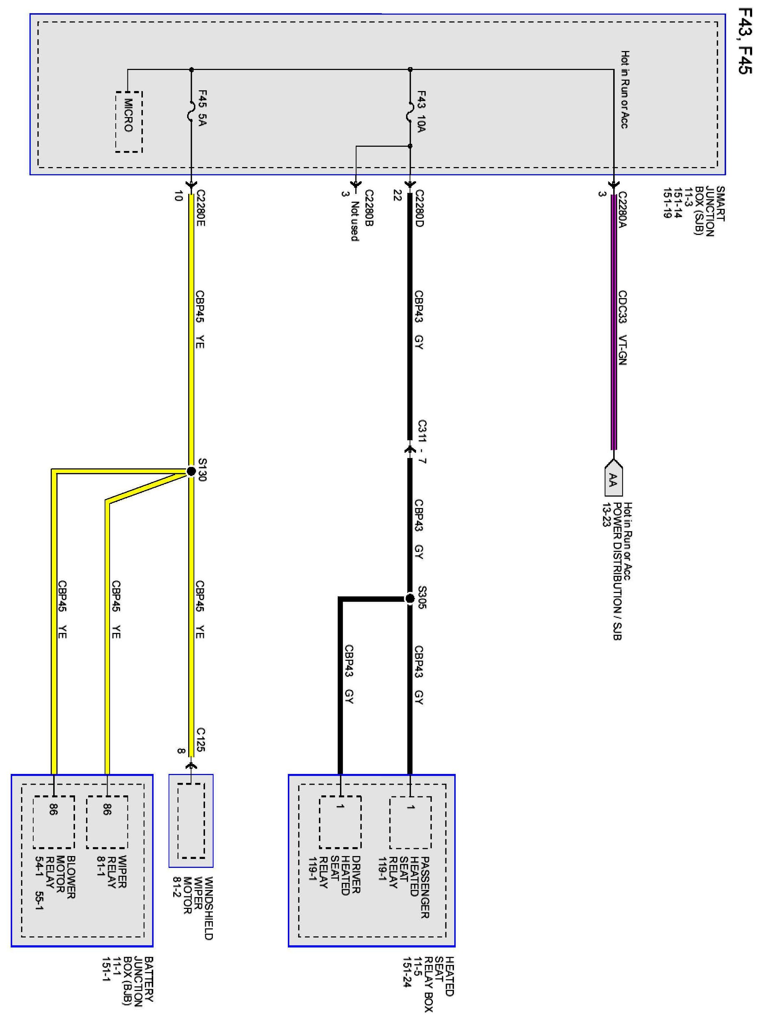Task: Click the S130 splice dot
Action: [191, 471]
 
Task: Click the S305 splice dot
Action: [410, 599]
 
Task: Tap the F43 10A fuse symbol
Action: [410, 112]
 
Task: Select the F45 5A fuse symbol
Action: [191, 112]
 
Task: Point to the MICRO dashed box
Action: [129, 122]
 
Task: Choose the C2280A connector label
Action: [622, 210]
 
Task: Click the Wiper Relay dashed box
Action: [107, 822]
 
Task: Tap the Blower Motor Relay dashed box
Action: [54, 822]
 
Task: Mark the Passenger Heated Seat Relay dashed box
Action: [410, 822]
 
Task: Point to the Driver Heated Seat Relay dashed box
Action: [340, 822]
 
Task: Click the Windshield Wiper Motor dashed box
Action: [191, 820]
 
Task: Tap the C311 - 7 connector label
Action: [422, 442]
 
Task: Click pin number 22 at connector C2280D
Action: [397, 196]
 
